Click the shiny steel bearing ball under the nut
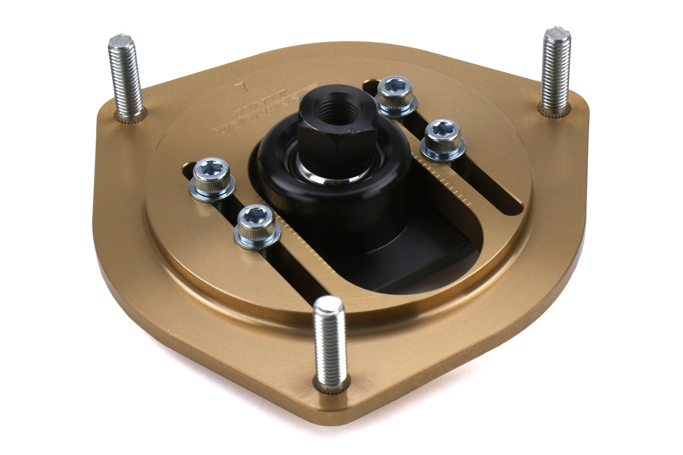click(331, 179)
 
